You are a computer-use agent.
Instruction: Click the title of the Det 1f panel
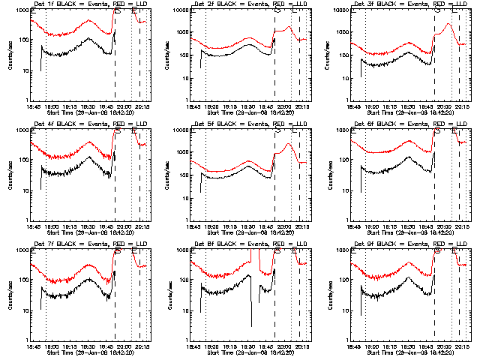82,4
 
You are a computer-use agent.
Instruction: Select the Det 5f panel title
243,124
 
